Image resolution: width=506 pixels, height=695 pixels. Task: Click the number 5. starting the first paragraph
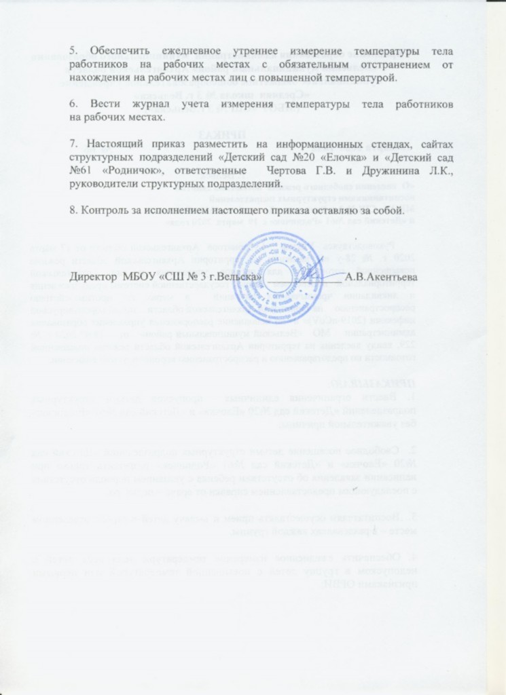coord(74,52)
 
